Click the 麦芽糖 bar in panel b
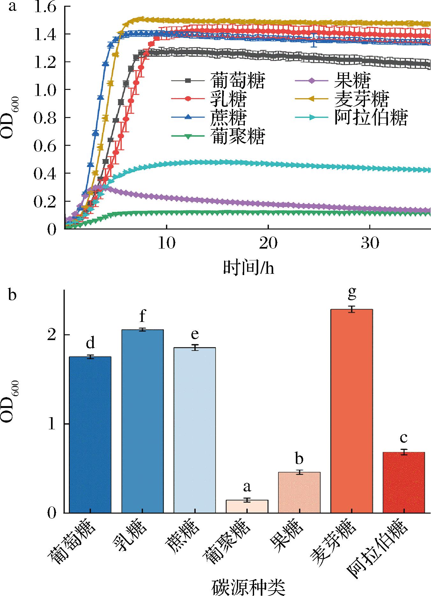pos(351,411)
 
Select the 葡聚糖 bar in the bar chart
pos(247,506)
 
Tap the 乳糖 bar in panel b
pos(142,421)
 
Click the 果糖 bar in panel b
pos(299,492)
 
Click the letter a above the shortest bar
pos(247,487)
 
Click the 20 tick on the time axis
pos(268,243)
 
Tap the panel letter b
pos(12,295)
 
